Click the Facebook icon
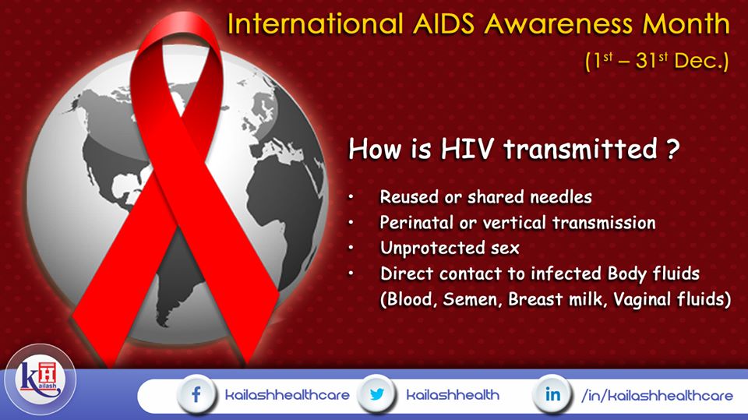coord(196,395)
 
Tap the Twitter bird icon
coord(377,394)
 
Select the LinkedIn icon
coord(552,394)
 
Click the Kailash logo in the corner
coord(40,379)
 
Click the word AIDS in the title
coord(443,24)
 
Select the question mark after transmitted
coord(672,149)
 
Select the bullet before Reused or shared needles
coord(351,196)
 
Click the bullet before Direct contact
coord(351,274)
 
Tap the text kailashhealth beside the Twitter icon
coord(453,395)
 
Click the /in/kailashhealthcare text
coord(657,395)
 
